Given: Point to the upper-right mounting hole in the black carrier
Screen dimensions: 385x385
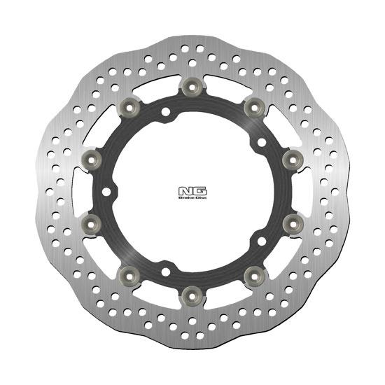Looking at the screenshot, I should (x=260, y=143).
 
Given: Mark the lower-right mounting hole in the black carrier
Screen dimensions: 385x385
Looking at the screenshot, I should (x=260, y=241).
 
